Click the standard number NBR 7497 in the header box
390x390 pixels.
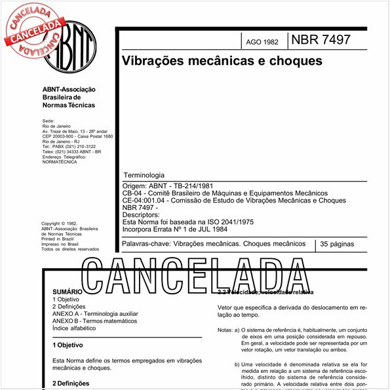pos(321,40)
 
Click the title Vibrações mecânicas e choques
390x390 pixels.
pos(222,61)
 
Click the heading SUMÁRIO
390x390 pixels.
pos(67,291)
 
